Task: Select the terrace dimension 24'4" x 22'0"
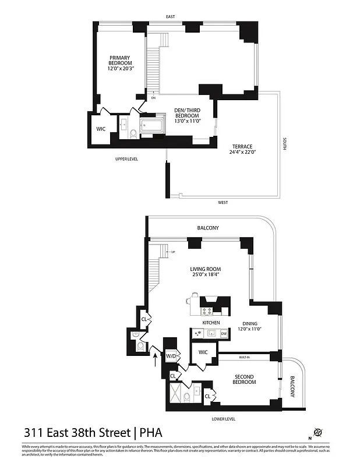click(242, 152)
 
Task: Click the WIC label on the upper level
click(101, 129)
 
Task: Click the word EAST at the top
click(170, 17)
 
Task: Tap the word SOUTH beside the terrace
click(285, 143)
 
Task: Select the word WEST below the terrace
click(223, 203)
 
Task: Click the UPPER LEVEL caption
click(126, 158)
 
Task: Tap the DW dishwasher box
click(224, 334)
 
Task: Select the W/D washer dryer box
click(171, 356)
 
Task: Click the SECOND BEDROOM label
click(245, 379)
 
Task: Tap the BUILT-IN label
click(245, 356)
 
